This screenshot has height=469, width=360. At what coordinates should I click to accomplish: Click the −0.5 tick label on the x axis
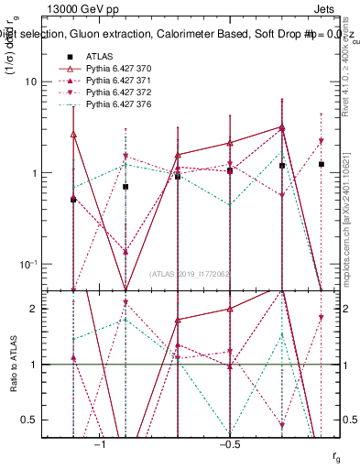229,444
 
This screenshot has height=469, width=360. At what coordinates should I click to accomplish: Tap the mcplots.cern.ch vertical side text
351,220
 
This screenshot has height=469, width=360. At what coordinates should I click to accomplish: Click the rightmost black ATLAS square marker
321,164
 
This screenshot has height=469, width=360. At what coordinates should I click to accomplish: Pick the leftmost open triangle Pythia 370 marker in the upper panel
73,135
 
